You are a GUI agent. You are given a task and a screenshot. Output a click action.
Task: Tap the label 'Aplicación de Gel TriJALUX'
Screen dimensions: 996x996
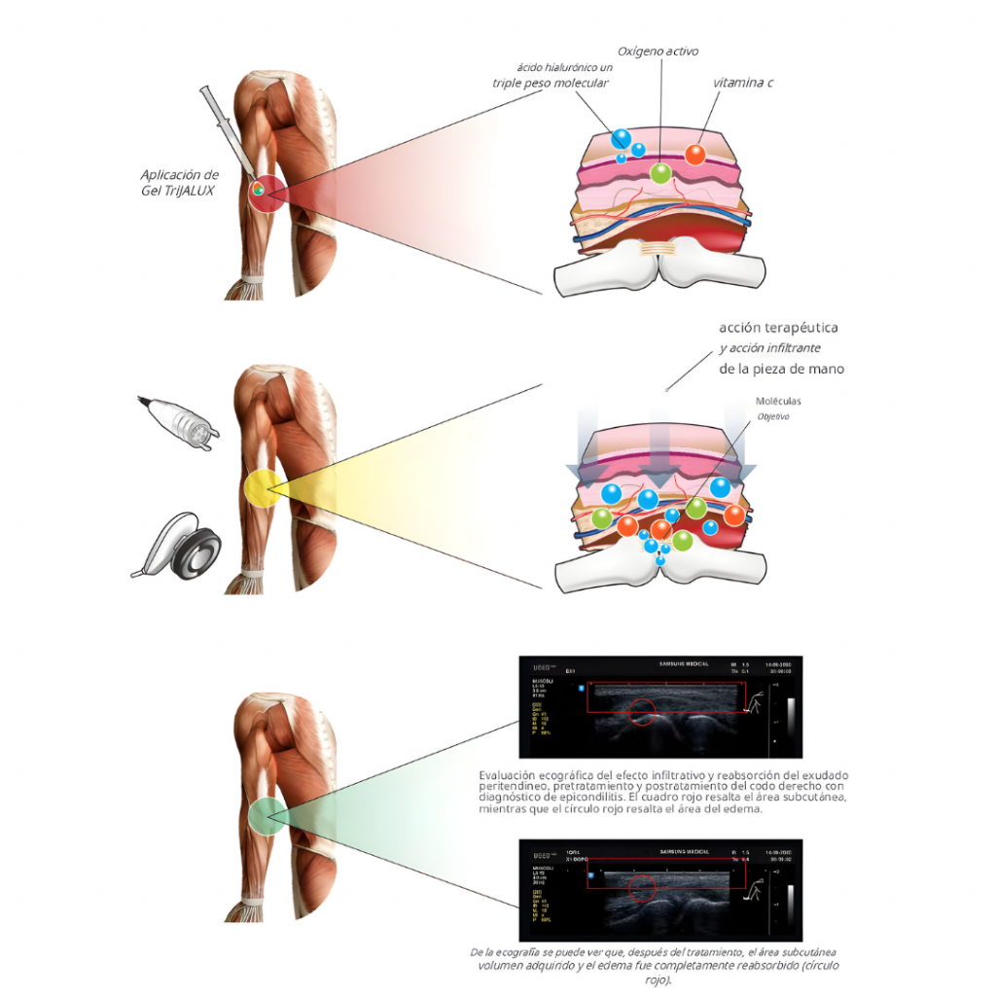click(x=179, y=182)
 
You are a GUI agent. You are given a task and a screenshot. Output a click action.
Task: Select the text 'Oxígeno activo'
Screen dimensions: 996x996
click(x=658, y=51)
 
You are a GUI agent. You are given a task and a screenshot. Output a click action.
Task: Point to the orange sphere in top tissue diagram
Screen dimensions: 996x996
click(x=695, y=154)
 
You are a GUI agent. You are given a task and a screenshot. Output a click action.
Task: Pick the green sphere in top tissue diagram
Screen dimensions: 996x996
click(x=660, y=173)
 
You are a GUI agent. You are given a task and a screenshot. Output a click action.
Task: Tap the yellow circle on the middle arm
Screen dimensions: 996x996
click(x=262, y=486)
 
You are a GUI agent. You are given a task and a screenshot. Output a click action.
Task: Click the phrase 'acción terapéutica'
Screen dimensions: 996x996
click(x=778, y=328)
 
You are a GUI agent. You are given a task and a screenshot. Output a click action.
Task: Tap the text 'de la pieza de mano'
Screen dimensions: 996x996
click(x=782, y=369)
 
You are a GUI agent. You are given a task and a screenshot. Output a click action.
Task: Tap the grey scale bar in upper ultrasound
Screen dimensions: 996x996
click(x=789, y=713)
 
